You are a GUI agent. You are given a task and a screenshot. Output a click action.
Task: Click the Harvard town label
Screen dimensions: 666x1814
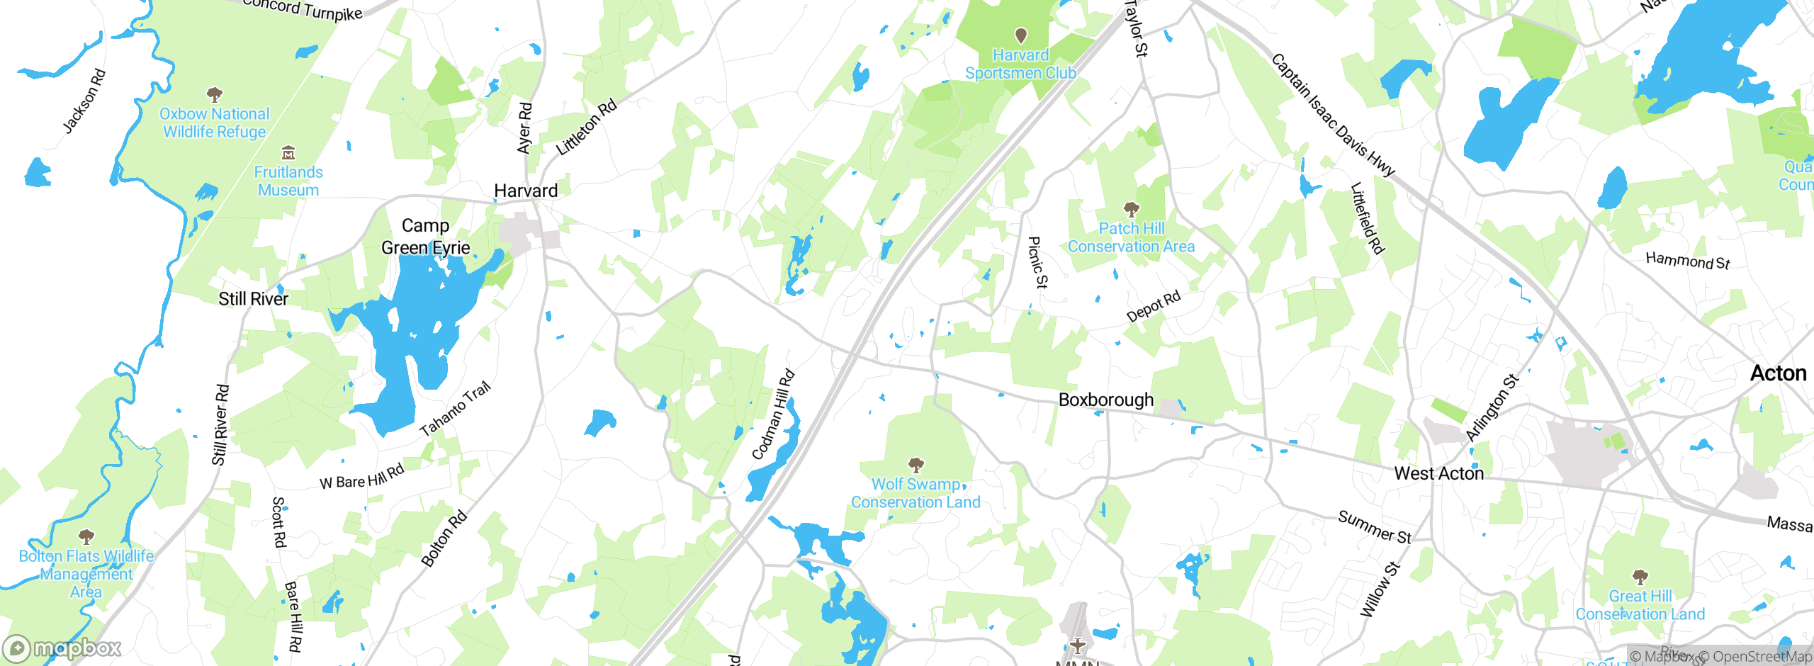pos(526,191)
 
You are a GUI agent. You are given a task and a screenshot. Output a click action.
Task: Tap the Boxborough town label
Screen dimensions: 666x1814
pos(1105,400)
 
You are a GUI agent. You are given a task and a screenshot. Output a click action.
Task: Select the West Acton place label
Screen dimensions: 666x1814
pos(1438,473)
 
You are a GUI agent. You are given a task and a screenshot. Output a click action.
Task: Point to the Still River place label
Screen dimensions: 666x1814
pos(253,299)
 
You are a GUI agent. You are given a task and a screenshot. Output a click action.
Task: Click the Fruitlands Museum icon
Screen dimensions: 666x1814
pos(288,153)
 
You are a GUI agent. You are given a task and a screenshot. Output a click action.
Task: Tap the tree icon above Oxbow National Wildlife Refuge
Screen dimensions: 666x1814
pos(214,94)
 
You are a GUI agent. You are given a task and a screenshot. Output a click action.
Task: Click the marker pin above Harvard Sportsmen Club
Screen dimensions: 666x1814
pos(1020,35)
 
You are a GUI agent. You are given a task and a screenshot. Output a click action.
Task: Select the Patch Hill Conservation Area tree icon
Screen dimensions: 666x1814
pos(1131,209)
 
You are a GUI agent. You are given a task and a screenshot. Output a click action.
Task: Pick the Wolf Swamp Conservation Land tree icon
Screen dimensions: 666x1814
pos(916,465)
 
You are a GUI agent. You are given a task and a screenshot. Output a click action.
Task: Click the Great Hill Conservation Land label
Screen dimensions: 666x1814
pos(1640,605)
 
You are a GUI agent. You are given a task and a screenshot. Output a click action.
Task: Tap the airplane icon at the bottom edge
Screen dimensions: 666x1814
pos(1077,645)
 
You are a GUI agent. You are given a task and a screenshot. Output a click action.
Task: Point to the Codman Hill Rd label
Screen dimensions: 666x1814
pos(773,414)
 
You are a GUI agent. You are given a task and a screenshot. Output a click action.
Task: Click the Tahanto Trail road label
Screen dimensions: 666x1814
pos(455,409)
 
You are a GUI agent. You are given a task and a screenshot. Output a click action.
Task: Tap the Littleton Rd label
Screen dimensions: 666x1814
pos(586,128)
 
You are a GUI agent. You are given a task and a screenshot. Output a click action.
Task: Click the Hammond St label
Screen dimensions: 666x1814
pos(1687,261)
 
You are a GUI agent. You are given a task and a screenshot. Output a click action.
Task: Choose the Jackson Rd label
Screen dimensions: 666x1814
pos(84,101)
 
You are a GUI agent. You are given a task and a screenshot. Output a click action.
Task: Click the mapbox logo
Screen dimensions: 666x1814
pos(62,648)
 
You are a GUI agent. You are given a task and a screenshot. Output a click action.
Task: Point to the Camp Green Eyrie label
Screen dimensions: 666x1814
pos(425,237)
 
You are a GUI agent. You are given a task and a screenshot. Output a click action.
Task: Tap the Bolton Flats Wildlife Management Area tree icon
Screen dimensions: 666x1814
pos(86,536)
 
